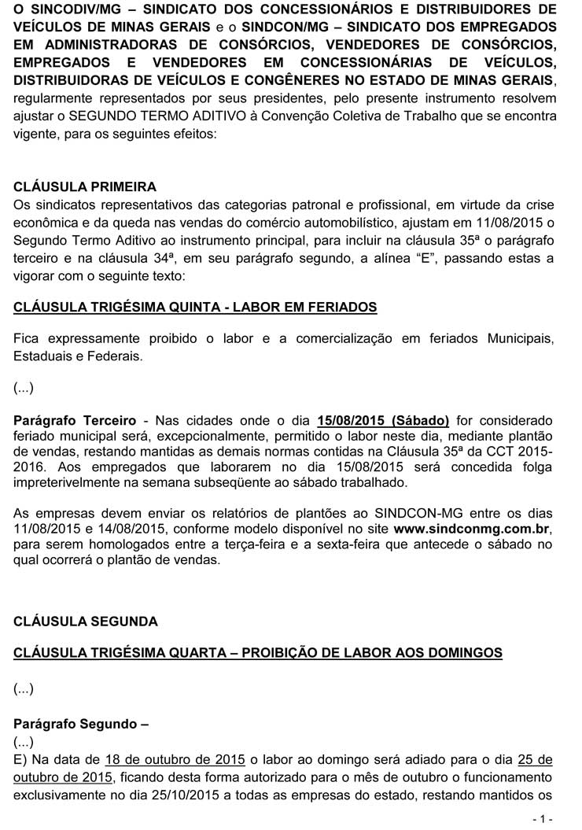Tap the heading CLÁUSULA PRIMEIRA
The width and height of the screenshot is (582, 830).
point(85,186)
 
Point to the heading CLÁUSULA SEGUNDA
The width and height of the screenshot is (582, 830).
point(86,622)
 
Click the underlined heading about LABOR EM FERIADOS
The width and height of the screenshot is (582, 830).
point(195,307)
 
